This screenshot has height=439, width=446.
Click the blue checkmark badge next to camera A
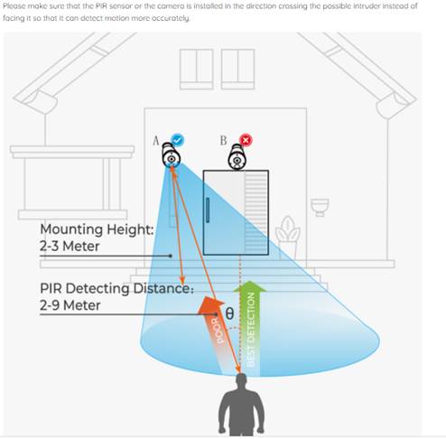click(x=178, y=140)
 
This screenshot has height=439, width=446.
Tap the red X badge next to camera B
click(x=246, y=140)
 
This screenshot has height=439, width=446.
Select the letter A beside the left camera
click(x=156, y=141)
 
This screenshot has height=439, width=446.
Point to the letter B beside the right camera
click(x=223, y=141)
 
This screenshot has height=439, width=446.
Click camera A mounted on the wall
click(x=171, y=155)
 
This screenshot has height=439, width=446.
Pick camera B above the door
click(x=237, y=157)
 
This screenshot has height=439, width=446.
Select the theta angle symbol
click(x=229, y=313)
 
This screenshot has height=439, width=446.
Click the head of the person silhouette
click(x=241, y=380)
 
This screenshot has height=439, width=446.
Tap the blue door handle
click(x=208, y=210)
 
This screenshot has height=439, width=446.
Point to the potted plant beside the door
click(x=288, y=238)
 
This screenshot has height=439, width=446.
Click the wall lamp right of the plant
click(x=320, y=207)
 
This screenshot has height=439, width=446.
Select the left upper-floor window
click(x=197, y=70)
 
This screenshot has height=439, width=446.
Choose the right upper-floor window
click(x=237, y=70)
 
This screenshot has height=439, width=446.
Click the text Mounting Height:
click(x=97, y=230)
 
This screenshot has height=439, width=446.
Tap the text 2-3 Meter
click(x=70, y=247)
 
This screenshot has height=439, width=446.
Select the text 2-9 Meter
click(x=70, y=305)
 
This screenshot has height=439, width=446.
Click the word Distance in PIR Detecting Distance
click(x=163, y=288)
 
